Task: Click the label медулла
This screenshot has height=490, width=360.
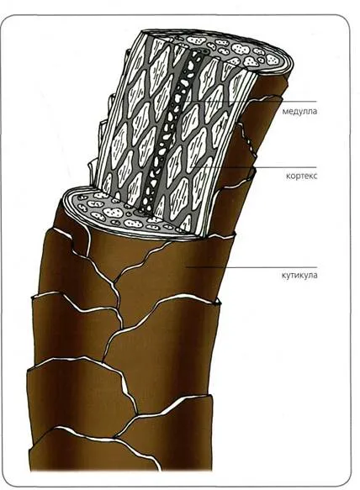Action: coord(299,111)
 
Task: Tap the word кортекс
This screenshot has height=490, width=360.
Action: coord(301,176)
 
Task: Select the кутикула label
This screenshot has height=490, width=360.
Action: coord(299,276)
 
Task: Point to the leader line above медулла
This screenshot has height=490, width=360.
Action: coord(250,101)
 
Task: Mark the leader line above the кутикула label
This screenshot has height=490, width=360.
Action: coord(251,267)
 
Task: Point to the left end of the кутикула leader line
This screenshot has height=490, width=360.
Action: coord(187,267)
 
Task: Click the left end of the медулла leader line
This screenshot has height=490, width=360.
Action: coord(184,101)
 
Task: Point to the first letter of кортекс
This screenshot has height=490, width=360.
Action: coord(288,176)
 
